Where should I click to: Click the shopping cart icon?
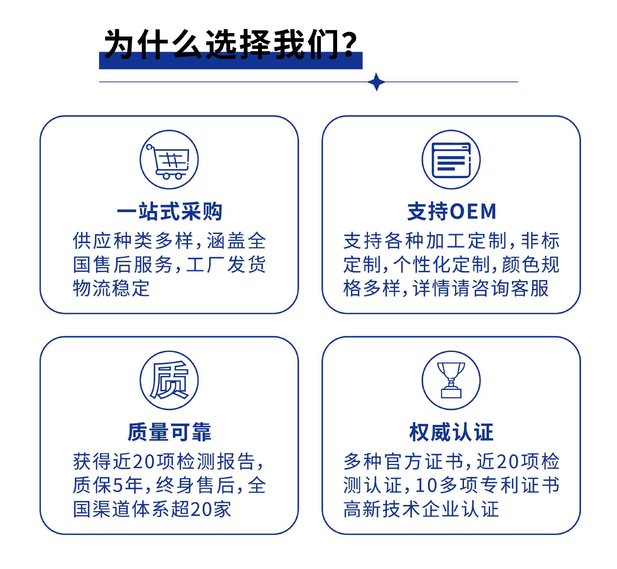pyautogui.click(x=169, y=160)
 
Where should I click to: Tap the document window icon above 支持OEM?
pyautogui.click(x=451, y=160)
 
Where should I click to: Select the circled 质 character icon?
pyautogui.click(x=169, y=380)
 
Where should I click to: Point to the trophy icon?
pyautogui.click(x=451, y=380)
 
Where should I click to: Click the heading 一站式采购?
pyautogui.click(x=169, y=212)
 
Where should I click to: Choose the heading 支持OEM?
pyautogui.click(x=452, y=212)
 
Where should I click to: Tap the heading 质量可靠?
pyautogui.click(x=169, y=432)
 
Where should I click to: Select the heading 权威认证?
pyautogui.click(x=451, y=432)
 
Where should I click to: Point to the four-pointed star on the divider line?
pyautogui.click(x=377, y=82)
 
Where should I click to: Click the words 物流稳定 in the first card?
pyautogui.click(x=111, y=288)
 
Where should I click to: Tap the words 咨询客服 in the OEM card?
pyautogui.click(x=510, y=288)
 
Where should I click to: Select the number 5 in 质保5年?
pyautogui.click(x=118, y=485)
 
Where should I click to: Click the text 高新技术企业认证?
pyautogui.click(x=421, y=509)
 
